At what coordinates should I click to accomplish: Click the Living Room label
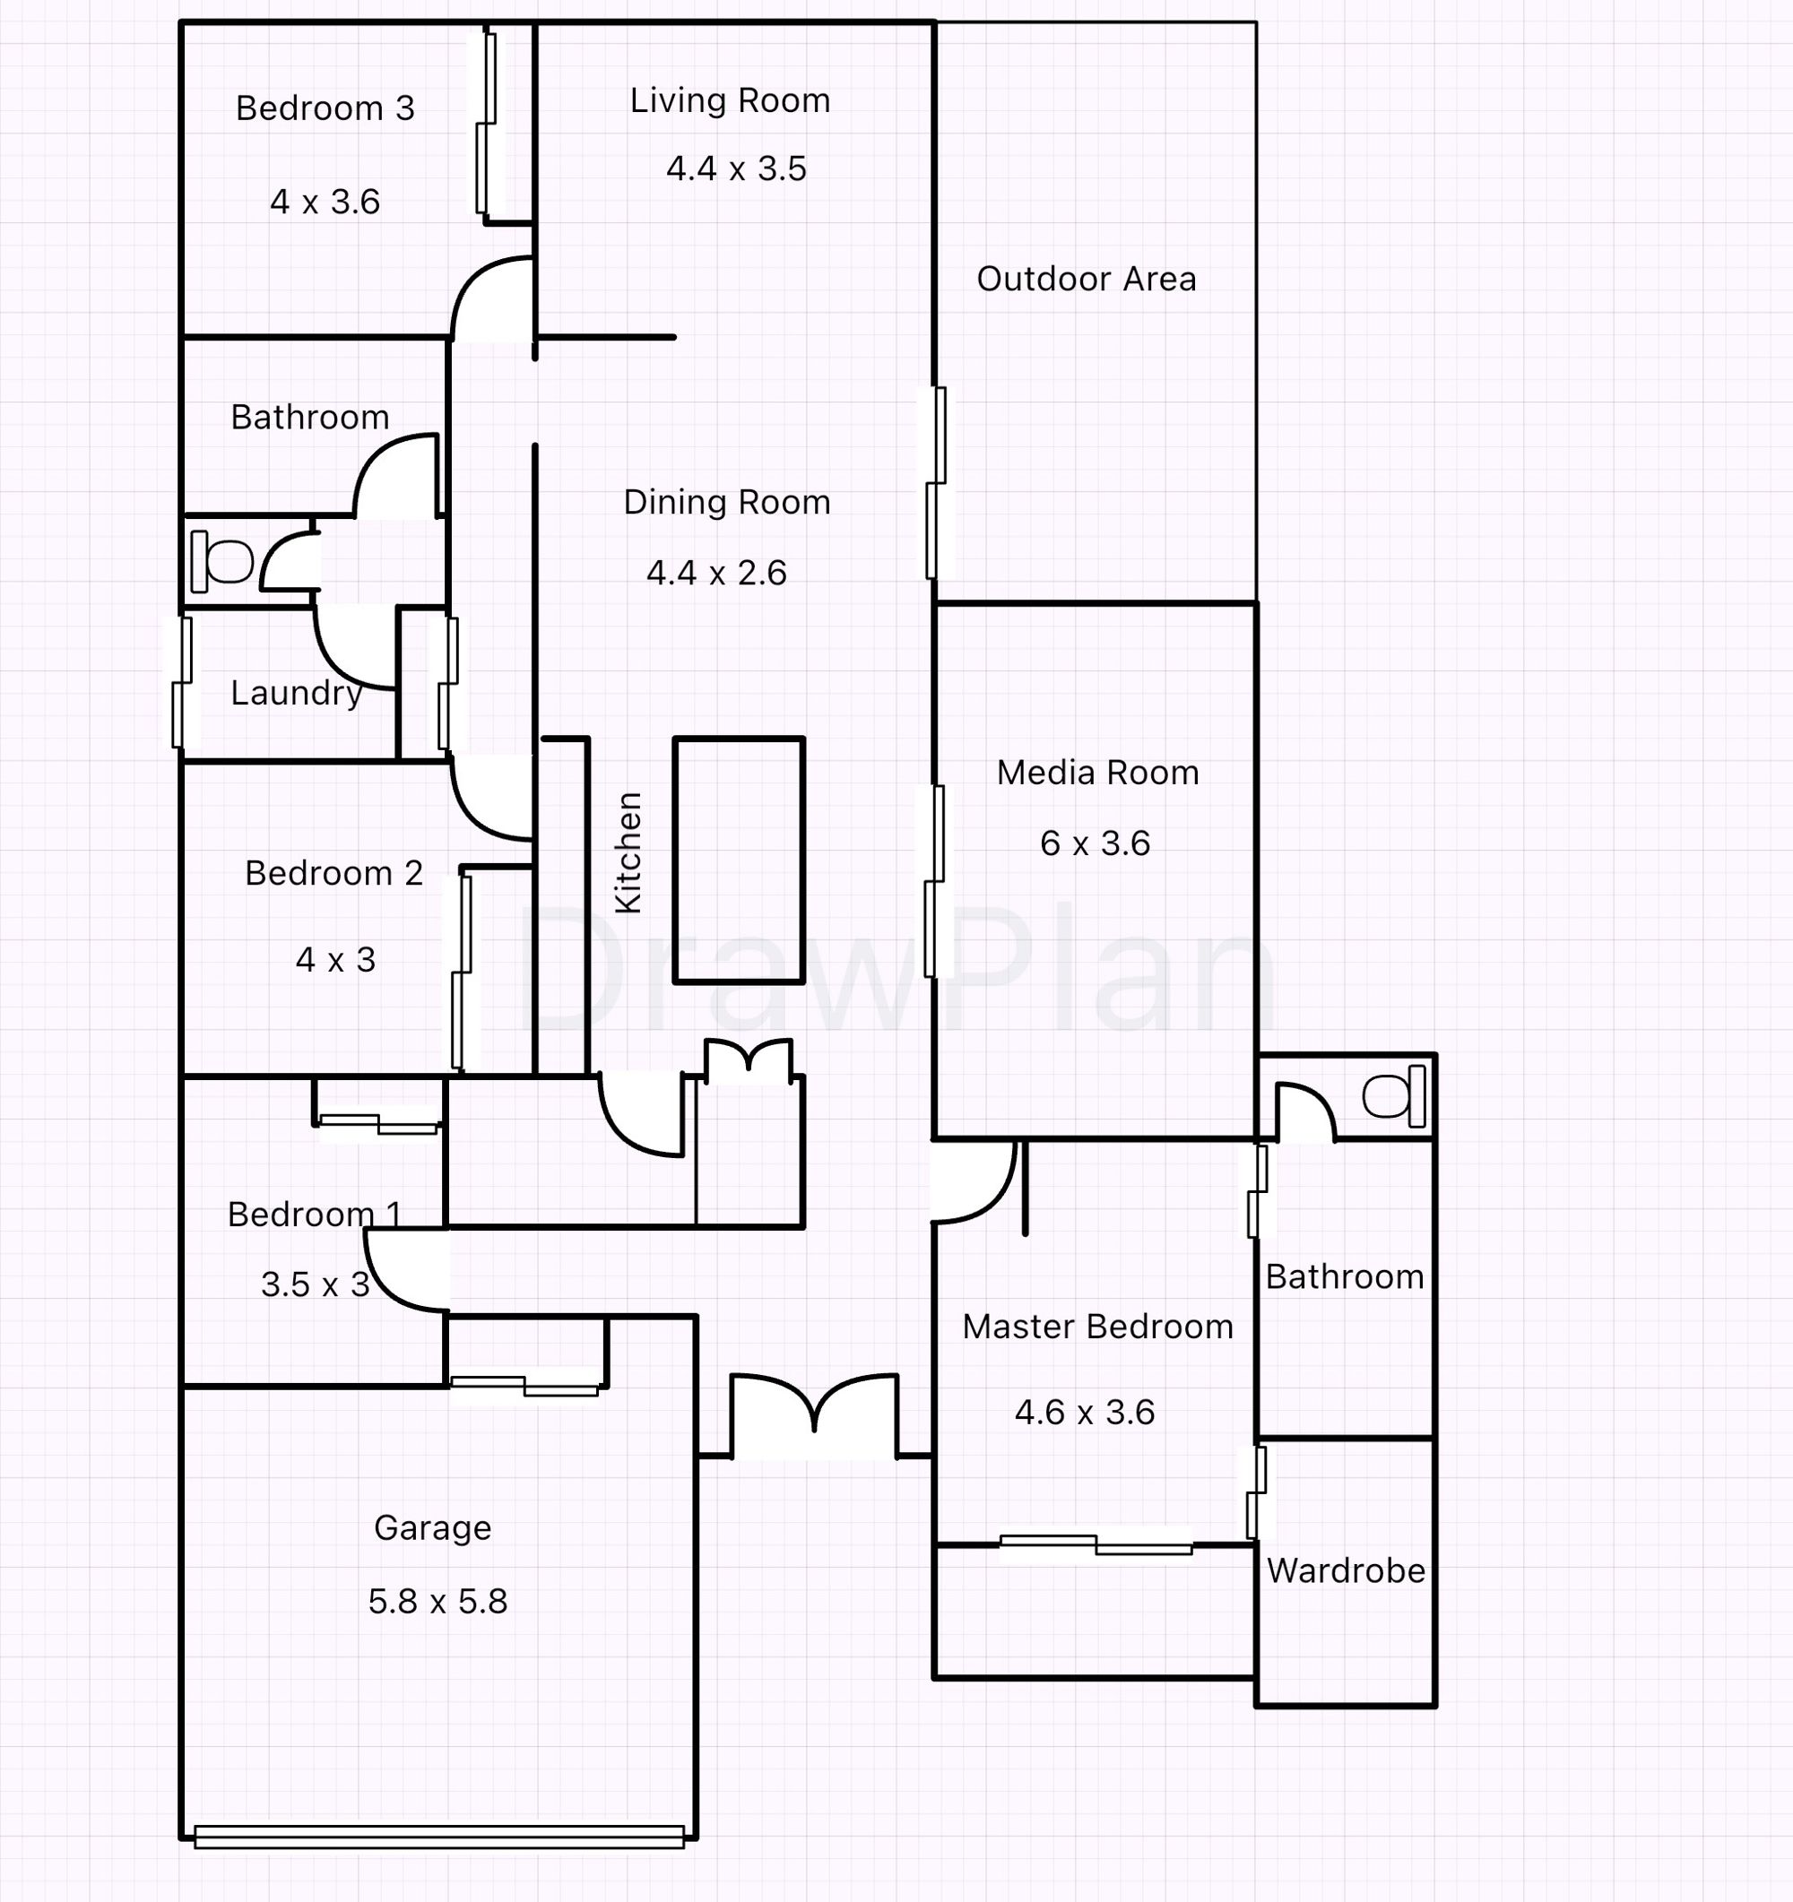click(729, 101)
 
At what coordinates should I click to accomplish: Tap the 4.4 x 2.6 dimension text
click(716, 573)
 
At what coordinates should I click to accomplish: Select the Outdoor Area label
click(1086, 280)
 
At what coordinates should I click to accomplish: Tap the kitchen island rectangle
click(739, 860)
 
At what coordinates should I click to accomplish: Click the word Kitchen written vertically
click(628, 852)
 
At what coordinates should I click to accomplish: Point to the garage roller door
click(439, 1836)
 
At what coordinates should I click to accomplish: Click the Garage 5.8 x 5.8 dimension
click(437, 1602)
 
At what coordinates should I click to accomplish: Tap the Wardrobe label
click(1346, 1571)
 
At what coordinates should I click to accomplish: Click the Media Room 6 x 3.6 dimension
click(1095, 843)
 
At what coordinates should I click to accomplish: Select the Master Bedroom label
click(1097, 1327)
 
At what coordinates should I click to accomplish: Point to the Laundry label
click(296, 693)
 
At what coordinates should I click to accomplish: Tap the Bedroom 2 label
click(333, 874)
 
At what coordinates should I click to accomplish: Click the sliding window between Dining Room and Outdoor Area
click(936, 483)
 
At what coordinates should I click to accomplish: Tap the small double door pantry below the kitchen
click(749, 1062)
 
